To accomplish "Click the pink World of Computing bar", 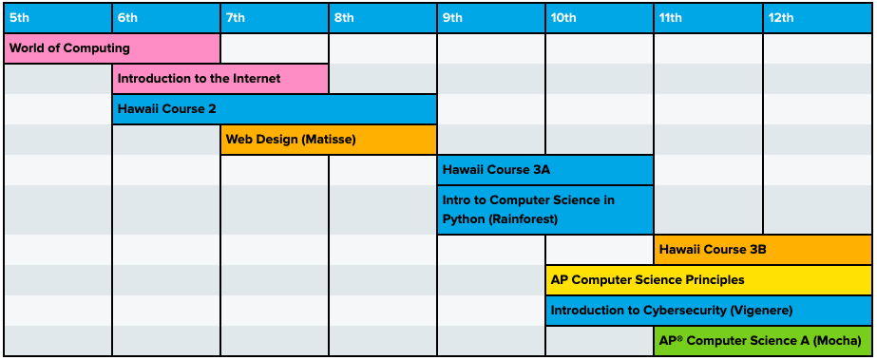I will (112, 48).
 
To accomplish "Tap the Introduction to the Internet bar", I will (220, 79).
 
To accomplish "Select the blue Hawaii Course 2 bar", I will (275, 109).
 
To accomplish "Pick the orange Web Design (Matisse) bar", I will (329, 140).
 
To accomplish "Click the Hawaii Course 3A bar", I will (545, 170).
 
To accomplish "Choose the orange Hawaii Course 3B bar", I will (762, 250).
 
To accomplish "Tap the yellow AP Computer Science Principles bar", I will (708, 280).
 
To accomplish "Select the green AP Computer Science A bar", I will (762, 341).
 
